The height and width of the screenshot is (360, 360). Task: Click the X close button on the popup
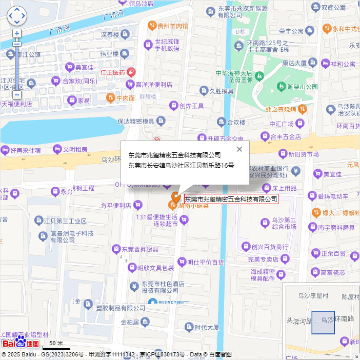click(239, 149)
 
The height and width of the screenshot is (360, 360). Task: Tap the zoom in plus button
click(16, 33)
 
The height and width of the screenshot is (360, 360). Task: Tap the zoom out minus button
click(16, 95)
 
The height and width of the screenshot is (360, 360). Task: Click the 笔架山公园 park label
click(303, 87)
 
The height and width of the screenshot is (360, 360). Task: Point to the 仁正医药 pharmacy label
click(112, 72)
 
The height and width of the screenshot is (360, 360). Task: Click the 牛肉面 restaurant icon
click(110, 97)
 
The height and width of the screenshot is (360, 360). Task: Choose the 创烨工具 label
click(191, 106)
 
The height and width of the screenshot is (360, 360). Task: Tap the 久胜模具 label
click(221, 91)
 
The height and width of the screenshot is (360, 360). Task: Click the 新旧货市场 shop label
click(303, 154)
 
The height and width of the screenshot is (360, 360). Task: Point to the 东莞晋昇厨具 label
click(139, 249)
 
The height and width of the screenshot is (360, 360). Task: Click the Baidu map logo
click(21, 343)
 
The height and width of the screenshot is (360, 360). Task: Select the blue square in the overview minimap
click(323, 323)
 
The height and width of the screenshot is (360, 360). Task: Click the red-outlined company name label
click(231, 199)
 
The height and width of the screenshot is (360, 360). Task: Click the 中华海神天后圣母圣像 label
click(234, 76)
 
